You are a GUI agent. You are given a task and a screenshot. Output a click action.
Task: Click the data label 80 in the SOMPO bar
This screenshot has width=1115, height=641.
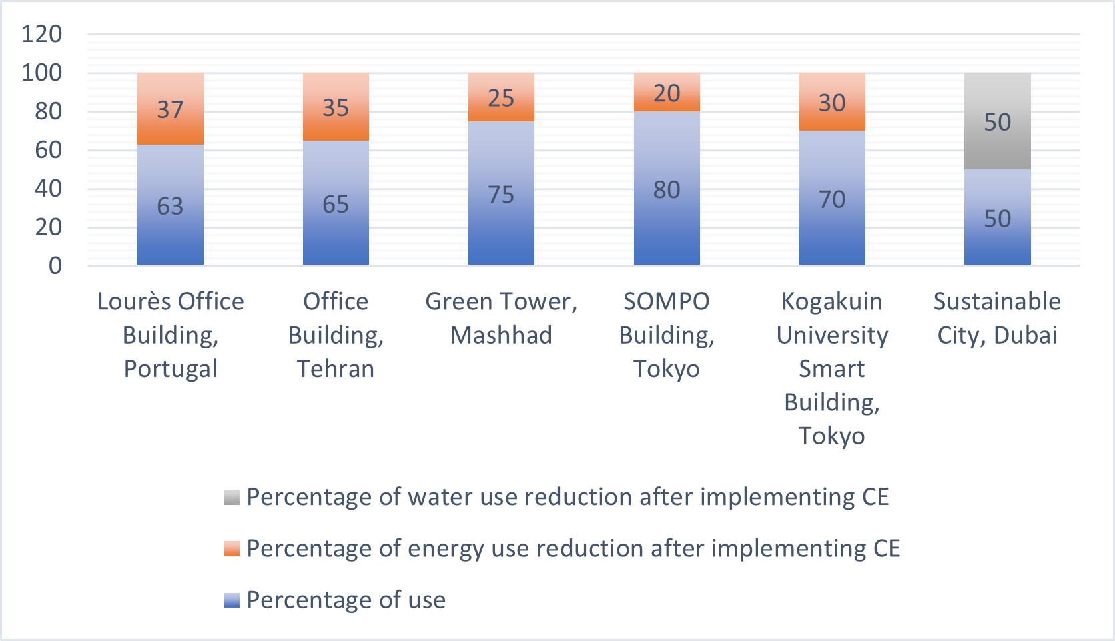point(667,190)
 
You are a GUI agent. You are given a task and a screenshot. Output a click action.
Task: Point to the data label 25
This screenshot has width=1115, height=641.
point(501,99)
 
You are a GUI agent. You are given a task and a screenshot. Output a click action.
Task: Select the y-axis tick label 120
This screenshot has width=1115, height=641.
point(41,34)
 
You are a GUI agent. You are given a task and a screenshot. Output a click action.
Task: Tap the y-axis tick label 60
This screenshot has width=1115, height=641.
point(48,150)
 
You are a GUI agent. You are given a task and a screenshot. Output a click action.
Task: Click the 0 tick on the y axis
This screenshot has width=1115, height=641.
point(55,266)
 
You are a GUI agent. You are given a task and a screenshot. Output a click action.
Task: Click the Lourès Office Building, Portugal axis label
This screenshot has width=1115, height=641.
point(171,335)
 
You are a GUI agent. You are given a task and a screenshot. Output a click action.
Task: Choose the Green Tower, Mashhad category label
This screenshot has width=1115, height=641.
point(501,318)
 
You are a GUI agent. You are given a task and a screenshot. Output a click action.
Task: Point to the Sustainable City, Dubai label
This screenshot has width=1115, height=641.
point(997,318)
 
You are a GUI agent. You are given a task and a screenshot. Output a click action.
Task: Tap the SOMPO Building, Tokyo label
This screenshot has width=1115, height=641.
point(667,335)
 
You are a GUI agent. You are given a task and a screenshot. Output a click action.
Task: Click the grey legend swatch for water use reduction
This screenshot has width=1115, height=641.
point(232,497)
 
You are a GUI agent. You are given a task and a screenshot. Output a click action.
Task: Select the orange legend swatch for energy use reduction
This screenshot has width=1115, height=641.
point(232,548)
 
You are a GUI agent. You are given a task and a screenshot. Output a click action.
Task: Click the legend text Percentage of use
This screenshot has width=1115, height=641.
point(346,600)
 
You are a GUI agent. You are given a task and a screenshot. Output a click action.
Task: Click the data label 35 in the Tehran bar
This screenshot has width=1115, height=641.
point(336,108)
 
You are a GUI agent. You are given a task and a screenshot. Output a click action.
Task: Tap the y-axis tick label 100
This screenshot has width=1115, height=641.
point(41,73)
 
